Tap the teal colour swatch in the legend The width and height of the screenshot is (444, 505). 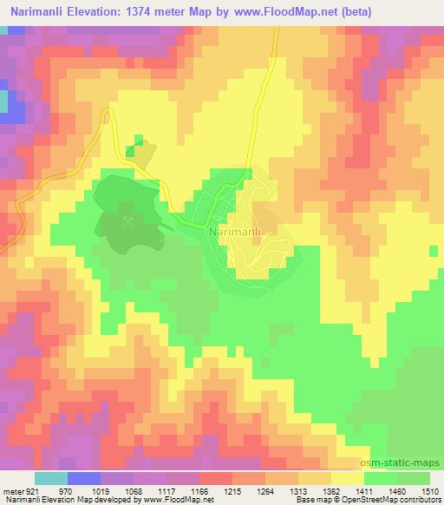(x=51, y=478)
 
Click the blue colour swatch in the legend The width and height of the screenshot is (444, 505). (x=84, y=478)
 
